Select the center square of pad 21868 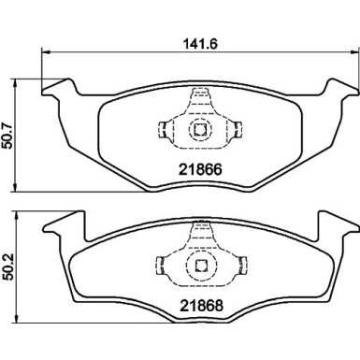click(x=200, y=267)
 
